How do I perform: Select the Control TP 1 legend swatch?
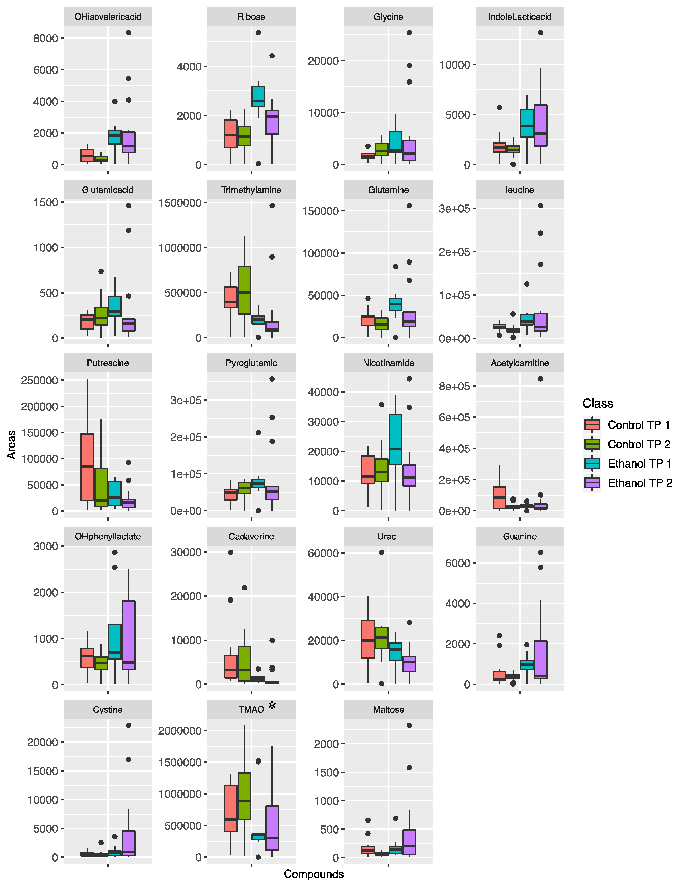pyautogui.click(x=592, y=425)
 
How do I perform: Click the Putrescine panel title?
pyautogui.click(x=108, y=363)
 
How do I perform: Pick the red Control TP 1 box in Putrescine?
pyautogui.click(x=87, y=467)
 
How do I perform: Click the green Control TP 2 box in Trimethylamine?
pyautogui.click(x=244, y=290)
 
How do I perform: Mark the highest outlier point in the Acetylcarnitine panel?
pyautogui.click(x=540, y=379)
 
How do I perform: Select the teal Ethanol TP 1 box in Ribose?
pyautogui.click(x=258, y=96)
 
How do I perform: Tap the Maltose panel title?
pyautogui.click(x=388, y=709)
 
